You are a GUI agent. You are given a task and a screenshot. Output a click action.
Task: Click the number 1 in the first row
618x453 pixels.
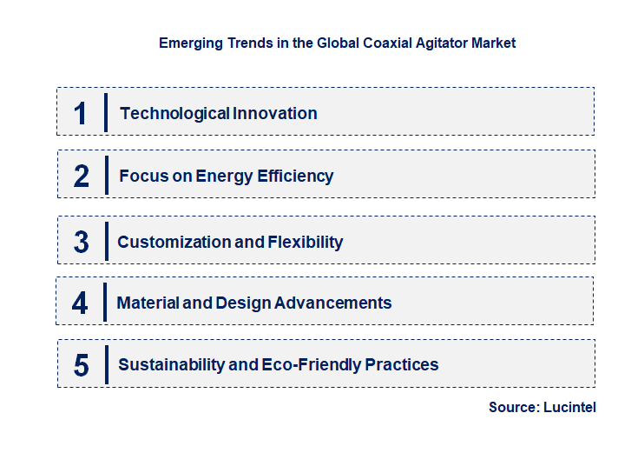point(81,113)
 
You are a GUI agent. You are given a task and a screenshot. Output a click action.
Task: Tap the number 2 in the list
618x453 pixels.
point(82,177)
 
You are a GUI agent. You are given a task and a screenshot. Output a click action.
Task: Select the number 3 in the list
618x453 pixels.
point(82,242)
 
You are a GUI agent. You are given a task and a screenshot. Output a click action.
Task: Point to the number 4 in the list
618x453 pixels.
point(81,303)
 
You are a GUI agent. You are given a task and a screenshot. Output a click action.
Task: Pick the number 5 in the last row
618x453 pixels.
point(82,365)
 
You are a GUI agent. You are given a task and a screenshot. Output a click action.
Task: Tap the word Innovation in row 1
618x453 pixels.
point(274,113)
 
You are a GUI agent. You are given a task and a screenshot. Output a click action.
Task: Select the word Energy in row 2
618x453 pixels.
point(225,176)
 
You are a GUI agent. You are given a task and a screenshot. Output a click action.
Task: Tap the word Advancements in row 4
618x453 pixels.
point(332,303)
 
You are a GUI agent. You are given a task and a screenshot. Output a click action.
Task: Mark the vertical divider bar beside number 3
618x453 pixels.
point(105,241)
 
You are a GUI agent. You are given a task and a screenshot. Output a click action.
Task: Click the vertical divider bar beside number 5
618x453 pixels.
point(106,364)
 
